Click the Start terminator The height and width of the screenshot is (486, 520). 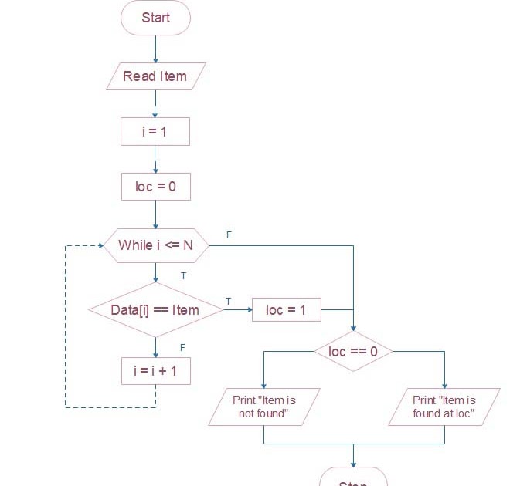tap(155, 18)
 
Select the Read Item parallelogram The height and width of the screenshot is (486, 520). tap(155, 76)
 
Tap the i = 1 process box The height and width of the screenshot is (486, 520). tap(155, 131)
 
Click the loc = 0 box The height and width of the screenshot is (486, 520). tap(155, 187)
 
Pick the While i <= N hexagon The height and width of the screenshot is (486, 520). tap(155, 245)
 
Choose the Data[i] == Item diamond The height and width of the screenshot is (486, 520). tap(155, 309)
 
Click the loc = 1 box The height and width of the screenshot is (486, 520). tap(286, 310)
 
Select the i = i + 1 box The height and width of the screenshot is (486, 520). tap(155, 370)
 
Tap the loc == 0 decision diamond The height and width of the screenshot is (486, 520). tap(353, 352)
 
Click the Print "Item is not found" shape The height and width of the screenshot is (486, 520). tap(264, 407)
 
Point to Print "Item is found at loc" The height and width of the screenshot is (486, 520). tap(444, 407)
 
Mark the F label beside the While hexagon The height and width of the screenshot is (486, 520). tap(229, 234)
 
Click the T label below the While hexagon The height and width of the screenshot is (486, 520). tap(183, 275)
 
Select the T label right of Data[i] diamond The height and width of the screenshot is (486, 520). tap(228, 300)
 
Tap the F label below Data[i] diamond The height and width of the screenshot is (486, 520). tap(182, 347)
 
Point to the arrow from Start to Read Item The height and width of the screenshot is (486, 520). tap(155, 49)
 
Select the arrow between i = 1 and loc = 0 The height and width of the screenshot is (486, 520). tap(155, 160)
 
